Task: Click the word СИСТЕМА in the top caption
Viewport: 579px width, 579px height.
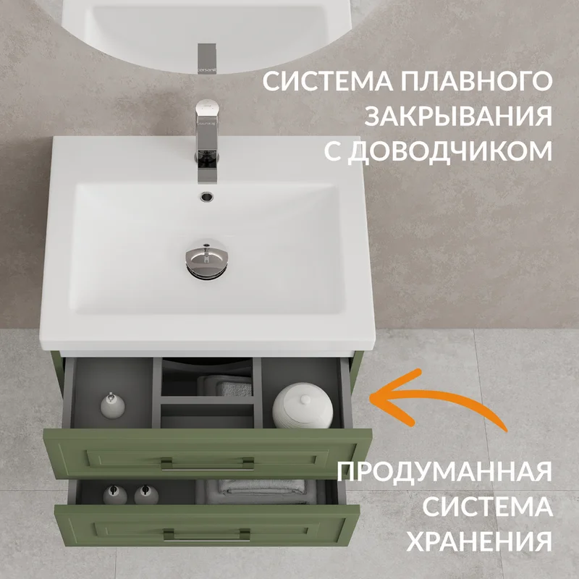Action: pos(327,81)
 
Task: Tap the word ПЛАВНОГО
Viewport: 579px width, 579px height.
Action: pos(477,81)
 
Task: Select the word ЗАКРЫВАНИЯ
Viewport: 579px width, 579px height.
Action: pos(458,116)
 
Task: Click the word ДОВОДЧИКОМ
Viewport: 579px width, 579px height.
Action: pos(450,151)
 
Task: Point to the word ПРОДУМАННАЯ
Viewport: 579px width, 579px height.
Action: pos(444,471)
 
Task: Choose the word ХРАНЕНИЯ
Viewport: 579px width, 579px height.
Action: pos(479,541)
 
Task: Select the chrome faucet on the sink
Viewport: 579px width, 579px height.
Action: pos(207,141)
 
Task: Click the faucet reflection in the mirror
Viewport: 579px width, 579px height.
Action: pos(207,59)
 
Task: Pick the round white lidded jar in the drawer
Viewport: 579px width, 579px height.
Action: pos(303,405)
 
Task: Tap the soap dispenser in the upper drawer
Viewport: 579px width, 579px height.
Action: pos(113,405)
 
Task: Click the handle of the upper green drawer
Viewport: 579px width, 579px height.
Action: pos(208,465)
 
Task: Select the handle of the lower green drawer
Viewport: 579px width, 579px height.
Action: pos(207,535)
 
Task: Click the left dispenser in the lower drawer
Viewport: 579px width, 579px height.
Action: pos(115,495)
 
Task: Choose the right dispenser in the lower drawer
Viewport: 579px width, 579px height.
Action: pos(146,495)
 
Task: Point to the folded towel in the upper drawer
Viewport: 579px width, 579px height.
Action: pos(224,386)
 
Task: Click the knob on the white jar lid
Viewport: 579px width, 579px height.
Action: pos(305,400)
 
